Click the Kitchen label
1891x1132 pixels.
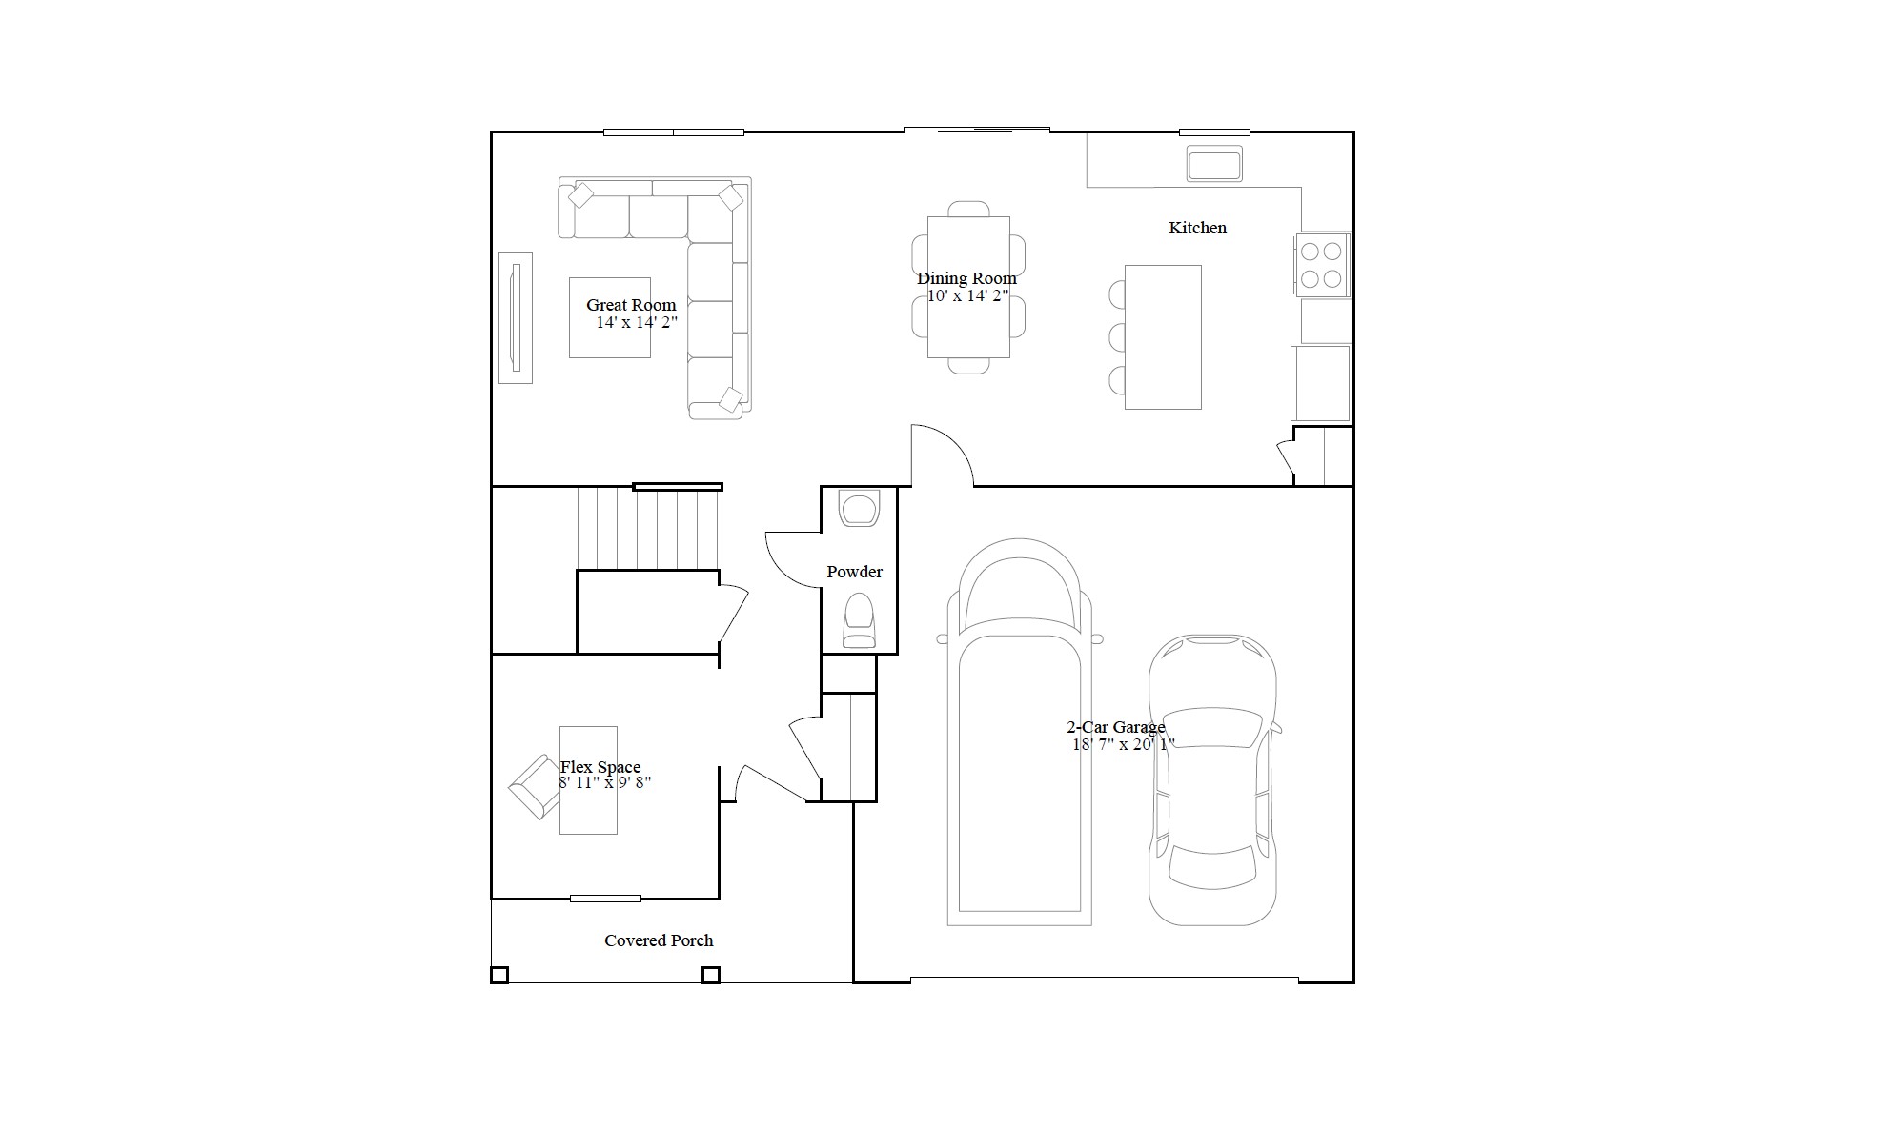click(x=1197, y=228)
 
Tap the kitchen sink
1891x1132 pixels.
click(x=1214, y=163)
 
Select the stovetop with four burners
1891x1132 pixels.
click(x=1322, y=265)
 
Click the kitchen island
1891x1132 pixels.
click(x=1163, y=337)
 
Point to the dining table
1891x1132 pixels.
click(x=968, y=287)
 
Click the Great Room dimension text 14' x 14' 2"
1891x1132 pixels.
click(x=637, y=322)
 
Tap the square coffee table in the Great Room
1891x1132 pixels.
click(x=610, y=317)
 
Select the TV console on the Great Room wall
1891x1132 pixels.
click(x=516, y=317)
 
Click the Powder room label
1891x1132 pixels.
click(x=854, y=572)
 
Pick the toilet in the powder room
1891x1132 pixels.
click(x=859, y=620)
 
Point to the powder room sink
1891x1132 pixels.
click(x=860, y=508)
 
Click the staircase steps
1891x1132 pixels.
click(x=648, y=528)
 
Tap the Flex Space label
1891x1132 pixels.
click(x=600, y=767)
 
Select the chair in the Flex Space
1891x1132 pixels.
click(x=535, y=787)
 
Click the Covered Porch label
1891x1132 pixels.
click(x=659, y=940)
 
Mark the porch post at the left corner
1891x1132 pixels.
click(x=499, y=975)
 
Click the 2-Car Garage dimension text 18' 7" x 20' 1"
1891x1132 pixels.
click(x=1124, y=744)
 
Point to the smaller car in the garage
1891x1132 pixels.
click(x=1212, y=779)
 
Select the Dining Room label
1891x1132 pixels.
click(x=966, y=278)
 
